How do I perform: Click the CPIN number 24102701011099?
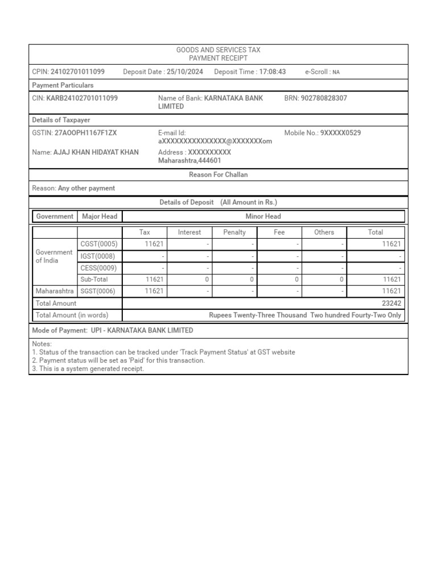click(x=77, y=72)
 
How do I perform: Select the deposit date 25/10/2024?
click(x=185, y=72)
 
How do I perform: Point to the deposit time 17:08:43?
click(x=273, y=72)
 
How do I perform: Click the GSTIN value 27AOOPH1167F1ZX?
click(x=85, y=133)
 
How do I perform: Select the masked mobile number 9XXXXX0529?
click(x=340, y=133)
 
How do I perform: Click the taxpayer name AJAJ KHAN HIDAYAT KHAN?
click(x=96, y=152)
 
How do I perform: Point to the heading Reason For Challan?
click(x=218, y=175)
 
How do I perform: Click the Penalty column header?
click(x=234, y=232)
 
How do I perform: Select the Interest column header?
click(x=189, y=232)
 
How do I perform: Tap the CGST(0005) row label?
click(x=99, y=244)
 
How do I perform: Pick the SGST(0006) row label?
click(x=99, y=291)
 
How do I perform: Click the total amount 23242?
click(x=391, y=304)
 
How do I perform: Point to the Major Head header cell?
click(x=100, y=217)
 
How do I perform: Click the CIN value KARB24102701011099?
click(x=82, y=98)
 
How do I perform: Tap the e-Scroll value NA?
click(x=336, y=73)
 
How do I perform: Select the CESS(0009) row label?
click(x=98, y=268)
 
